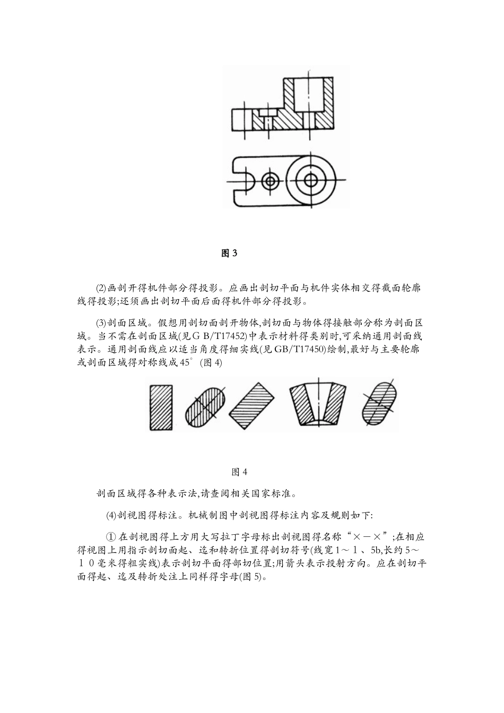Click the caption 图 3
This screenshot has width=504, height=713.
coord(229,253)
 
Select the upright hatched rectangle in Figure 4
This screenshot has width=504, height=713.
coord(161,406)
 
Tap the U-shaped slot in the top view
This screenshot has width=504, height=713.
coord(242,180)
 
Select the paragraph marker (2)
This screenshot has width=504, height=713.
coord(101,289)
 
